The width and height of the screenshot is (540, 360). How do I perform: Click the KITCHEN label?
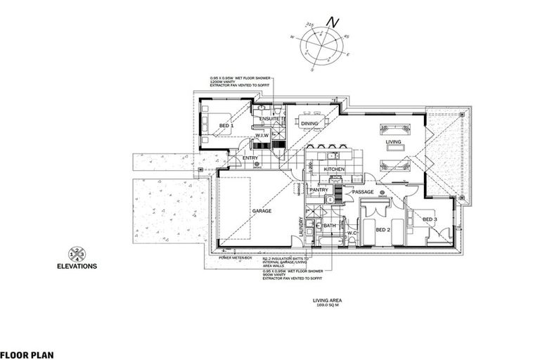coord(333,169)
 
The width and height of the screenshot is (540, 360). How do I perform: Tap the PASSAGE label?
coord(362,191)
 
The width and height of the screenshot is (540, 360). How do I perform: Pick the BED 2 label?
coord(382,229)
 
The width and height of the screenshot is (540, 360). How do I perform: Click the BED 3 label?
coord(430,219)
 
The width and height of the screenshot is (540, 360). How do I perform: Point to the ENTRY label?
coord(250,158)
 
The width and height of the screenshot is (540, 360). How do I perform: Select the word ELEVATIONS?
coord(77,267)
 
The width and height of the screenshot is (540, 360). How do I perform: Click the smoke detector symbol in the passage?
coord(382,191)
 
